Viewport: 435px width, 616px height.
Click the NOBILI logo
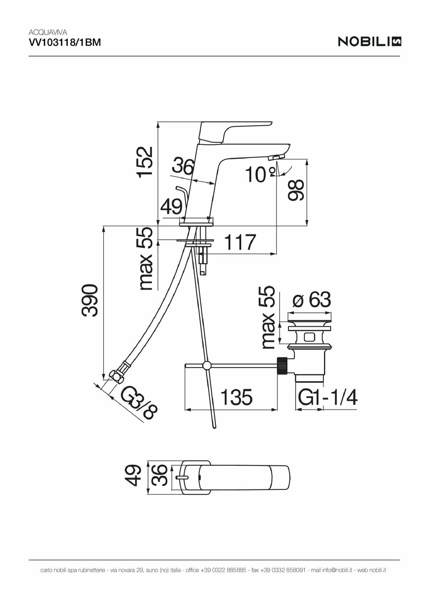(369, 41)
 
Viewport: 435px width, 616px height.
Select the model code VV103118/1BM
(64, 43)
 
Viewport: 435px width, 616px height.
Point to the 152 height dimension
(145, 162)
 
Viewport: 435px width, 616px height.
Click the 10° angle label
(260, 174)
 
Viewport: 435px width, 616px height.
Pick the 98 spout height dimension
(296, 190)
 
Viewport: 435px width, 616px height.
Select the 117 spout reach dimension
(240, 243)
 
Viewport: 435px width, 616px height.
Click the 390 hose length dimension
(90, 301)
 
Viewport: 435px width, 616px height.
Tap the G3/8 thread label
(139, 403)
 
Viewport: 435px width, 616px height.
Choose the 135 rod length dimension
(236, 398)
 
